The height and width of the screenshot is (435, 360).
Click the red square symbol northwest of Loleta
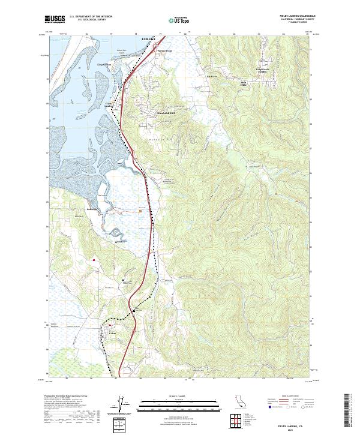[94, 260]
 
